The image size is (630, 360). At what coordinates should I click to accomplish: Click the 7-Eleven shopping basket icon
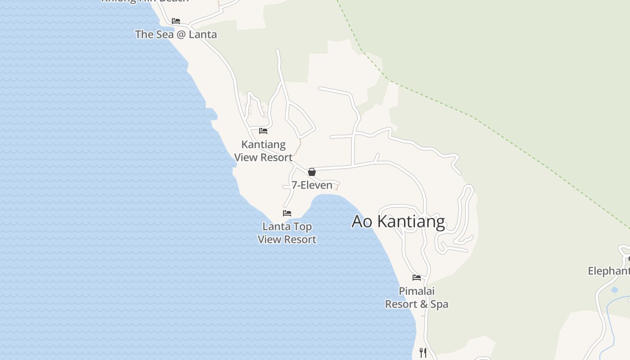click(311, 172)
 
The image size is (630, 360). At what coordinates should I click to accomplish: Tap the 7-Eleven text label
click(312, 185)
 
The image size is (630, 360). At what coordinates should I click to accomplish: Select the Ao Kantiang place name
click(398, 221)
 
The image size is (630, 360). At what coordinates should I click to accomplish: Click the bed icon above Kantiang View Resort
click(263, 131)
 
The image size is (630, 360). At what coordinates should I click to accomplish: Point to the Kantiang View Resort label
click(264, 151)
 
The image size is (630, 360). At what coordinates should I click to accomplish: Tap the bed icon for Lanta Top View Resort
click(287, 213)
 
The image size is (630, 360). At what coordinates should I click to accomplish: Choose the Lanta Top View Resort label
click(287, 233)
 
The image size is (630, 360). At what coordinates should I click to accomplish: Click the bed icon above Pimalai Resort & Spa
click(417, 278)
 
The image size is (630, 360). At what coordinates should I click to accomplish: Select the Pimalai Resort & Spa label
click(417, 297)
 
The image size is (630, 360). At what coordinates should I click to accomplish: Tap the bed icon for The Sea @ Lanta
click(176, 21)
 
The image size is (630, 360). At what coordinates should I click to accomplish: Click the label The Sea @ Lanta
click(176, 34)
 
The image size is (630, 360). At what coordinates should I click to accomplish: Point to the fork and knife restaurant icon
click(423, 352)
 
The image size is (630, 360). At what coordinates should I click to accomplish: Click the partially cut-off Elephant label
click(609, 271)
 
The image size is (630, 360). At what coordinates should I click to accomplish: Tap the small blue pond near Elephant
click(615, 290)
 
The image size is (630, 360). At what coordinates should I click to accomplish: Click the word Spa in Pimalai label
click(439, 304)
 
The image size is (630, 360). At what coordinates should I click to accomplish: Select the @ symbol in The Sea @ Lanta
click(181, 34)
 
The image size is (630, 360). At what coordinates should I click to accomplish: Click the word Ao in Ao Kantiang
click(362, 221)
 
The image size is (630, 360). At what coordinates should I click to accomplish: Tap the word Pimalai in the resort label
click(417, 291)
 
